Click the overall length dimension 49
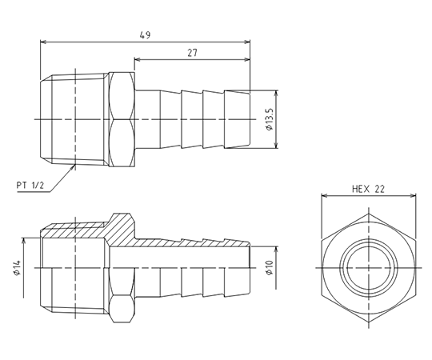(145, 35)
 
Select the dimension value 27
(193, 53)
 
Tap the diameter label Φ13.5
(270, 119)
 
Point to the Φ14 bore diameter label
(17, 267)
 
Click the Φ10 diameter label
(270, 267)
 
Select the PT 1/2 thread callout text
(30, 185)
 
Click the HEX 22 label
(368, 189)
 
